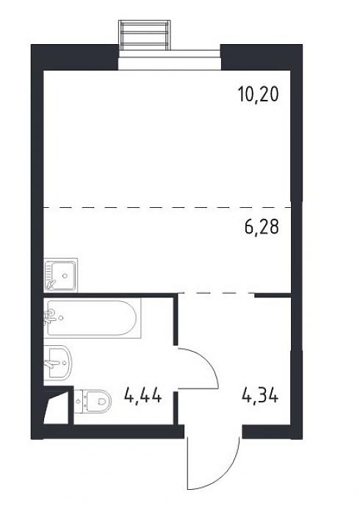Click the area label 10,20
pos(258,95)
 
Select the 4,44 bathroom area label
pos(143,396)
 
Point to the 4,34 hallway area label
pos(259,395)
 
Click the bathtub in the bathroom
pos(92,318)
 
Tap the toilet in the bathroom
pos(93,401)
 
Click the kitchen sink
pos(61,275)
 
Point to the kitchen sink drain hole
pos(65,275)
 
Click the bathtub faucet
pos(49,317)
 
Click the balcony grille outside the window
pos(145,35)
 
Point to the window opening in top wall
pos(169,59)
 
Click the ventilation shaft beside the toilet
pos(57,405)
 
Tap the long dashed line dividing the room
pos(168,207)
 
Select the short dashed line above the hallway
pos(217,293)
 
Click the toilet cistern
pos(80,401)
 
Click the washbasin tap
pos(50,362)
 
